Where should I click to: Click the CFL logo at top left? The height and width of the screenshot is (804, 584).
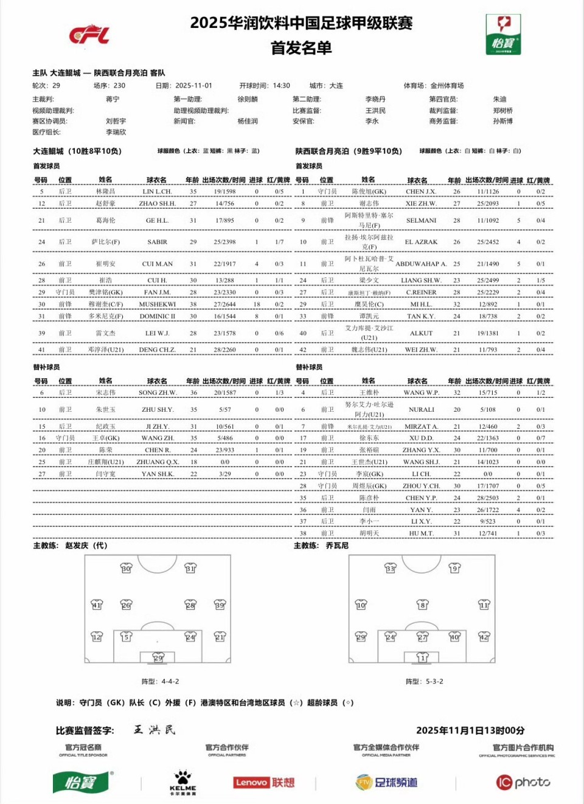[x=89, y=35]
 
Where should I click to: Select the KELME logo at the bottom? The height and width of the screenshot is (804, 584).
[x=182, y=783]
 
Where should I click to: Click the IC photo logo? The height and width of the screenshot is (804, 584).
[x=523, y=782]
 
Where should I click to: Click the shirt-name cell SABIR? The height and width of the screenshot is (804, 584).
[x=157, y=242]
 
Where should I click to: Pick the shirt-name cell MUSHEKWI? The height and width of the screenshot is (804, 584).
[x=157, y=304]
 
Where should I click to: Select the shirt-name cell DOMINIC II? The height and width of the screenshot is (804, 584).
[x=157, y=316]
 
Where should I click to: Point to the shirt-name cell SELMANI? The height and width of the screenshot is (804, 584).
[x=421, y=220]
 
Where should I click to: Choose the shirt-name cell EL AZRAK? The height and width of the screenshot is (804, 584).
[x=421, y=242]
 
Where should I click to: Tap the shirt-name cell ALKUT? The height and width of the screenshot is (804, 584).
[x=421, y=333]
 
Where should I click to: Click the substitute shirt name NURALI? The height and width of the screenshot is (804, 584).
[x=421, y=409]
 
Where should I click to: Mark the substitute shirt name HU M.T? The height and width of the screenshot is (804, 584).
[x=421, y=533]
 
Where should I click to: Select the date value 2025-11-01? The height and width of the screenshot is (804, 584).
[x=193, y=86]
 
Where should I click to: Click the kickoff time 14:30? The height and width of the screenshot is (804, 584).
[x=281, y=86]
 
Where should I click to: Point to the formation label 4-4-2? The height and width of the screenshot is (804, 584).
[x=170, y=682]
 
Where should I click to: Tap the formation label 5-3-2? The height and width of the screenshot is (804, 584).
[x=433, y=682]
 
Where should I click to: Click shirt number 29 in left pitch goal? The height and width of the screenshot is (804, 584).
[x=158, y=657]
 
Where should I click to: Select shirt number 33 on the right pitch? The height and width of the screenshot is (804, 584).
[x=390, y=568]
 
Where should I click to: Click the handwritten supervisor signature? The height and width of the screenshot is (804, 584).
[x=155, y=730]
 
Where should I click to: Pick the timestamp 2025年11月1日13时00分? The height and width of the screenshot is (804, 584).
[x=470, y=730]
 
